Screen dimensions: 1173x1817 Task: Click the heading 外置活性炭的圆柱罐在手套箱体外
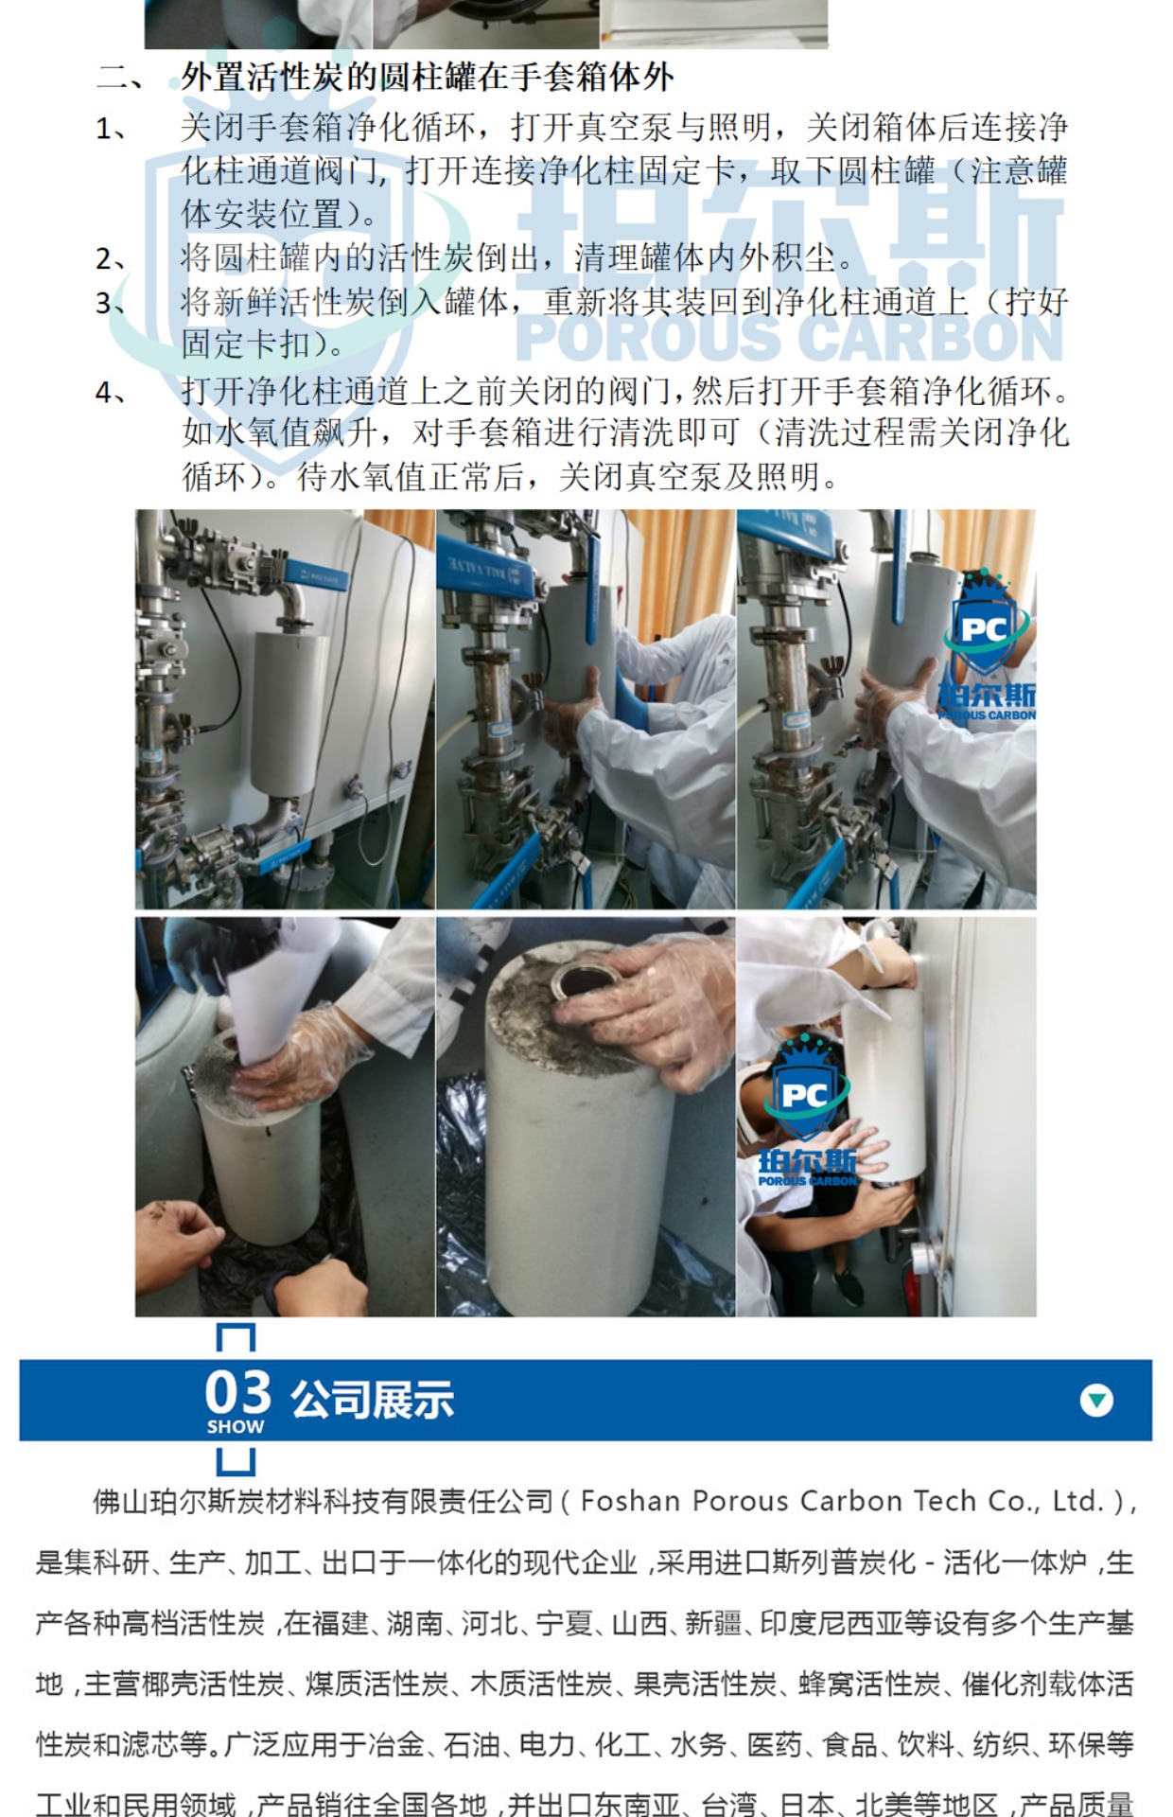pos(427,78)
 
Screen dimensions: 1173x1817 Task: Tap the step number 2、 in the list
pos(111,258)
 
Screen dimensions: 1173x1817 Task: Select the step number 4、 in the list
pos(111,392)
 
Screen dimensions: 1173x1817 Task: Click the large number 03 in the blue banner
pos(238,1392)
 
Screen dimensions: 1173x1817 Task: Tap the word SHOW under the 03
pos(236,1426)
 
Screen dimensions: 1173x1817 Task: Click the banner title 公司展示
pos(372,1400)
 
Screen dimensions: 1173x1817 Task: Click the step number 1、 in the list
pos(111,127)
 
